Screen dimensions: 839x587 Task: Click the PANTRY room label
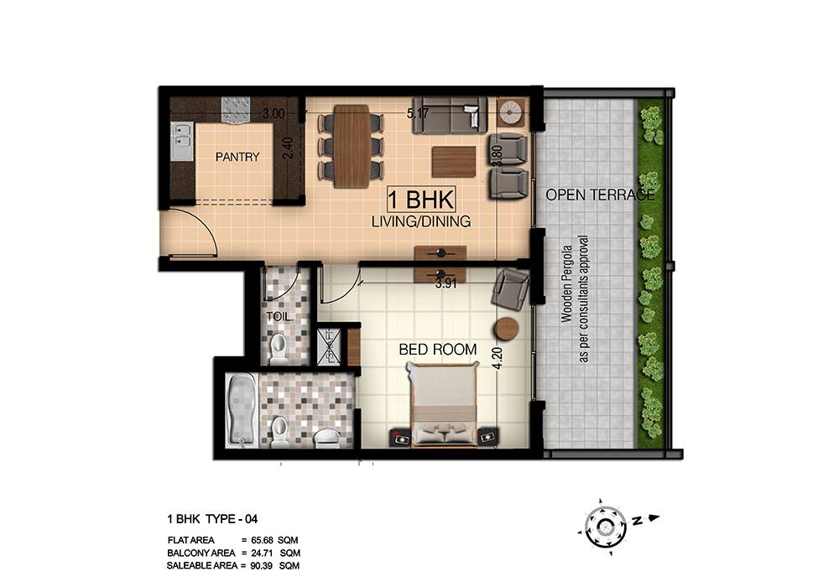(x=237, y=157)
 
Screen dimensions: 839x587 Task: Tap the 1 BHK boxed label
(x=421, y=200)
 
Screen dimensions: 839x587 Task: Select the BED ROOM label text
(x=438, y=350)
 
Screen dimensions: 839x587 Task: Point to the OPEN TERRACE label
(x=600, y=195)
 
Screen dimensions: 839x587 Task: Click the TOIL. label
(x=279, y=316)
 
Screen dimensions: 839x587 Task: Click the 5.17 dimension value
(x=418, y=113)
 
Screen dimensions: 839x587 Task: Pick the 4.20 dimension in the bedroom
(x=498, y=359)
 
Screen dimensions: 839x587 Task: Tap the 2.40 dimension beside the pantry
(x=288, y=148)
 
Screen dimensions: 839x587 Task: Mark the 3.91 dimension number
(x=446, y=284)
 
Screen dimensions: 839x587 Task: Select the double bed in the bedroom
(x=446, y=403)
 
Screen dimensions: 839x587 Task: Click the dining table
(x=351, y=147)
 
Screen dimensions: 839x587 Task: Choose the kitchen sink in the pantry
(x=182, y=142)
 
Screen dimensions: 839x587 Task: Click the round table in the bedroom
(x=507, y=329)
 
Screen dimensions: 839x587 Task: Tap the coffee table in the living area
(x=454, y=162)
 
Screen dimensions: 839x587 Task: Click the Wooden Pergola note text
(x=574, y=299)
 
